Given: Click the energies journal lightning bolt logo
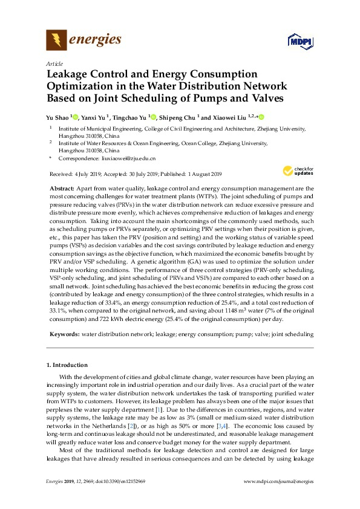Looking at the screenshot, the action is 57,41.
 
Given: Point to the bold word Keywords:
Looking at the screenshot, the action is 64,334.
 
